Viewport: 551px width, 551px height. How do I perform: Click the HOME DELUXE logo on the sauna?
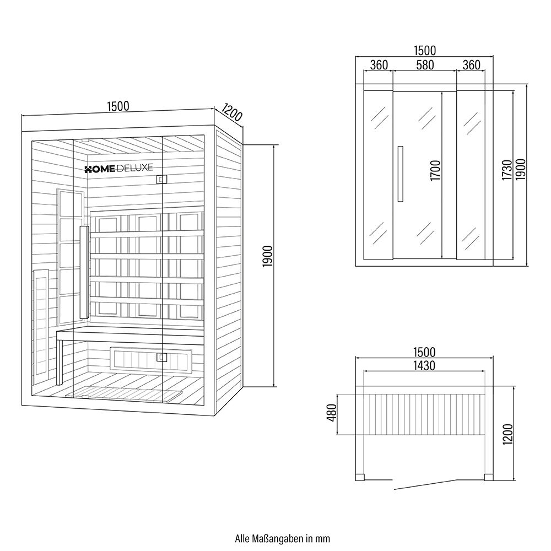pyautogui.click(x=118, y=169)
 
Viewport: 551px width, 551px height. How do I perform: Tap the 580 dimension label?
pyautogui.click(x=424, y=65)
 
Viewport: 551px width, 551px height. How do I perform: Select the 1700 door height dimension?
pyautogui.click(x=435, y=172)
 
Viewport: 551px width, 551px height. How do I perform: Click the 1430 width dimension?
pyautogui.click(x=424, y=366)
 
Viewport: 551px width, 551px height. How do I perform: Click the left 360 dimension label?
pyautogui.click(x=379, y=65)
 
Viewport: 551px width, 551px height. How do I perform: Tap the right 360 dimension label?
pyautogui.click(x=471, y=65)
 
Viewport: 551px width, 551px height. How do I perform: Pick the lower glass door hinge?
pyautogui.click(x=161, y=357)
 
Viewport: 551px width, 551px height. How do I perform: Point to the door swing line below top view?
pyautogui.click(x=424, y=483)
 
